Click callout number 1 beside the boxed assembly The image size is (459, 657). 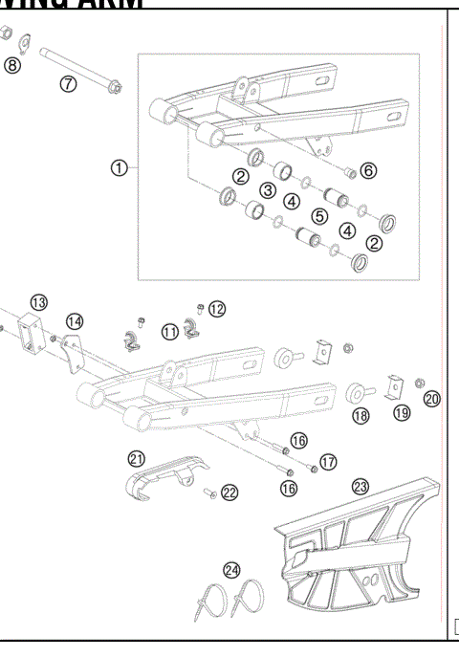coord(119,168)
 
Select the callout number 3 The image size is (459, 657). coord(268,190)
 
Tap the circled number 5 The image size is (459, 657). coord(320,217)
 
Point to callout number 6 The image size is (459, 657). coord(368,170)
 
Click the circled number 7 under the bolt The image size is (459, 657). coord(68,83)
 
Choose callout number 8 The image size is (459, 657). coord(11,65)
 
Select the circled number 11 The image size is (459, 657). coord(169,332)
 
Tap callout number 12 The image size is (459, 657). coord(217,308)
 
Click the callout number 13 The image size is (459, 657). coord(38,302)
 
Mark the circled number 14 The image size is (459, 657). coord(75,320)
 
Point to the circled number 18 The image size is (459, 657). coord(361,416)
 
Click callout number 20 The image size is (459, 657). coord(431,399)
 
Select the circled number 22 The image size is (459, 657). coord(229,492)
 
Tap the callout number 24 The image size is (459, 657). coord(231,570)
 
